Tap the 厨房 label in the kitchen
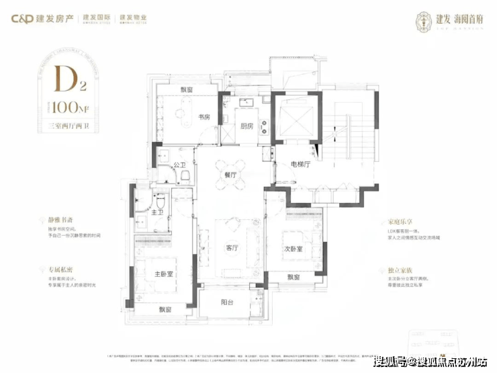pyautogui.click(x=246, y=126)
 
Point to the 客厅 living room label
pyautogui.click(x=233, y=247)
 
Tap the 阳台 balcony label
pyautogui.click(x=228, y=302)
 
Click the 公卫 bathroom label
pyautogui.click(x=179, y=164)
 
